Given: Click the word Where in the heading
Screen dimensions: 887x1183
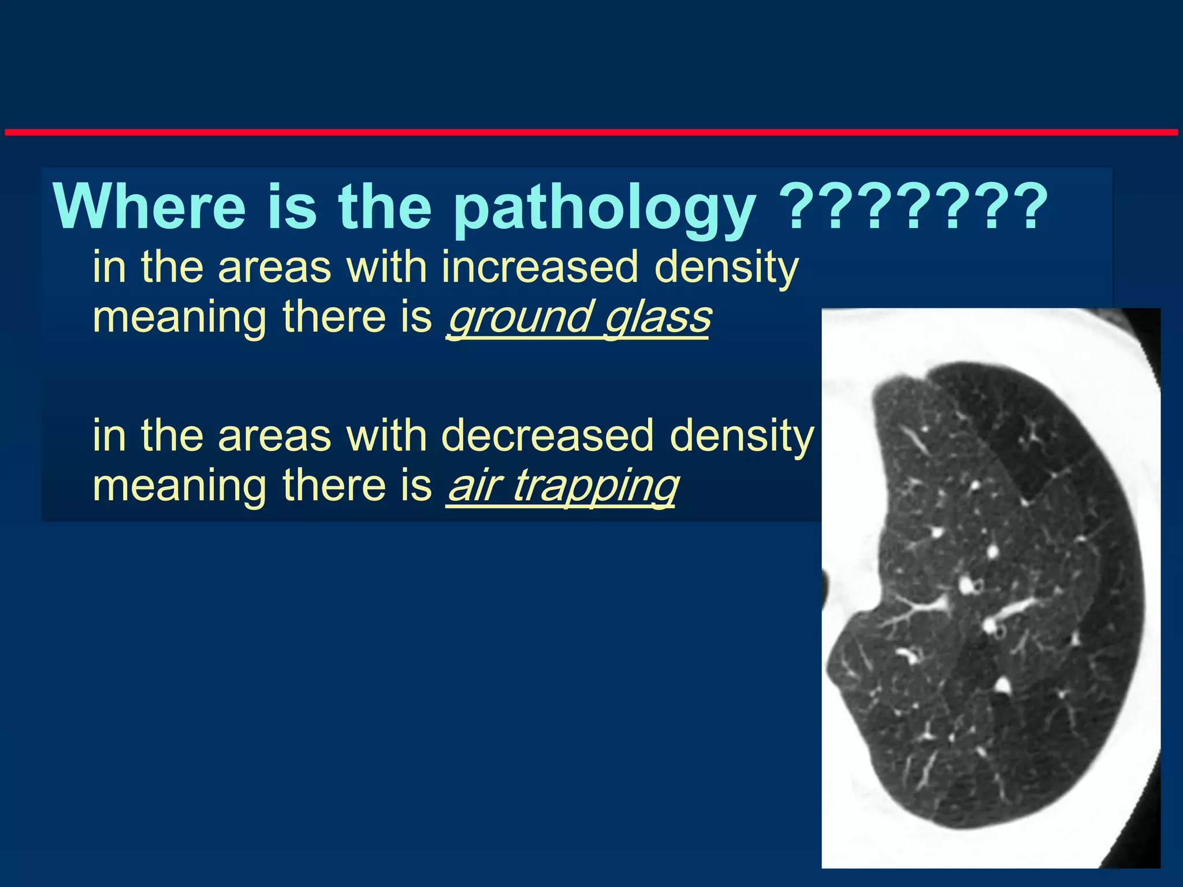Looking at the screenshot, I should pyautogui.click(x=149, y=207).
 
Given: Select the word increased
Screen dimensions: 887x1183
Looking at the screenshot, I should pyautogui.click(x=540, y=267).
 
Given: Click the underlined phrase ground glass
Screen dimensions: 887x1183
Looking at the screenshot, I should pyautogui.click(x=578, y=317).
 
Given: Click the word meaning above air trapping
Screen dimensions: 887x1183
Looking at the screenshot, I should pyautogui.click(x=179, y=486).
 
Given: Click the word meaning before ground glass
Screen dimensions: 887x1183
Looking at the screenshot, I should pyautogui.click(x=179, y=318).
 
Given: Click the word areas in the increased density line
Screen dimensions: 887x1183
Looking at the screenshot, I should pyautogui.click(x=274, y=267).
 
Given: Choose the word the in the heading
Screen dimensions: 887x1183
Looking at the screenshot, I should pyautogui.click(x=384, y=207).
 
